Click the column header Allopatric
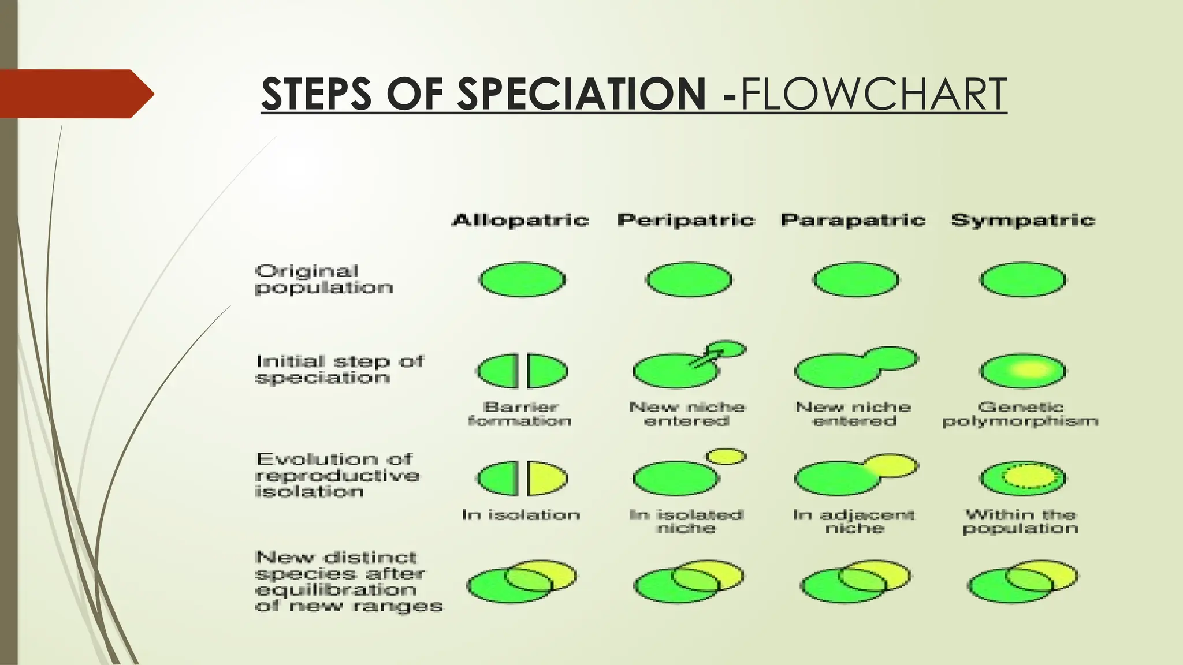[520, 220]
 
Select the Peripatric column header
[686, 220]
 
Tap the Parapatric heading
[853, 220]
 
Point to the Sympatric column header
[1023, 220]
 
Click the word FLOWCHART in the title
[873, 94]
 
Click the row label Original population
[323, 279]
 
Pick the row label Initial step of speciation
[340, 369]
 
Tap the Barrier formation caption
[520, 414]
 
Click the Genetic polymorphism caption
[1020, 414]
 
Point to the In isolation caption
[520, 514]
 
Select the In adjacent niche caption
[854, 521]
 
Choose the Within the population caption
[1021, 521]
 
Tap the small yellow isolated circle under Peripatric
[726, 457]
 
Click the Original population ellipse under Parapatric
[855, 280]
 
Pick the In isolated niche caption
[686, 521]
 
